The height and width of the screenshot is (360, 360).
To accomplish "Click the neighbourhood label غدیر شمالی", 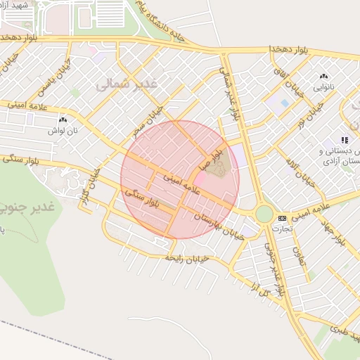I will (127, 84).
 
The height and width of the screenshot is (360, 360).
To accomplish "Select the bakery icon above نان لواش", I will (63, 121).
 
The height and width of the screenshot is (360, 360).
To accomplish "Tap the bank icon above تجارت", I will (282, 218).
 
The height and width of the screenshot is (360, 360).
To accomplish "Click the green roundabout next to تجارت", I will (264, 213).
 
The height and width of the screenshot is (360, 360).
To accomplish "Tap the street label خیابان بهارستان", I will (221, 226).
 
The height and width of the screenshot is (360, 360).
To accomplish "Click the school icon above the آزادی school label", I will (345, 141).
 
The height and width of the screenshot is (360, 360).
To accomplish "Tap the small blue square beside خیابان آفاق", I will (285, 103).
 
